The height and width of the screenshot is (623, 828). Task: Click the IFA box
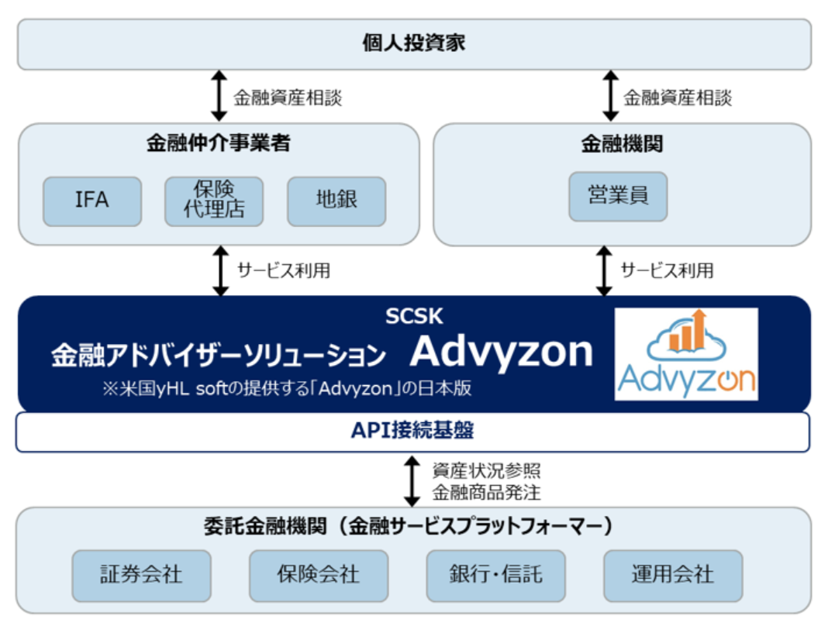(92, 201)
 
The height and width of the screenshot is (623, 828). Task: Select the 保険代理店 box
(215, 201)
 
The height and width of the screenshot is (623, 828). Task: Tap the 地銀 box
(336, 201)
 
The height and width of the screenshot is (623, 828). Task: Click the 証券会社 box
(141, 575)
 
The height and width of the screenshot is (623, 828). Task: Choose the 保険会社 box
(318, 575)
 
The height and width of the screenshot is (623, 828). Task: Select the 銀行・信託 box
(495, 575)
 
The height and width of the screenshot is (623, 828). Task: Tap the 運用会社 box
(672, 575)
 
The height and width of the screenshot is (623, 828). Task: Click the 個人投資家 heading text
(414, 43)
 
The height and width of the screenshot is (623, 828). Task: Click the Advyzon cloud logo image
(686, 353)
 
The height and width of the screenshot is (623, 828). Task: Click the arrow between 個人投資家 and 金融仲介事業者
(220, 96)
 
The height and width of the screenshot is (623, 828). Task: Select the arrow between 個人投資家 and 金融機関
(611, 96)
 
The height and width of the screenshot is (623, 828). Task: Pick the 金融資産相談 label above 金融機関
(678, 98)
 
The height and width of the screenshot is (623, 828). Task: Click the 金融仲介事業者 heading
(219, 143)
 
